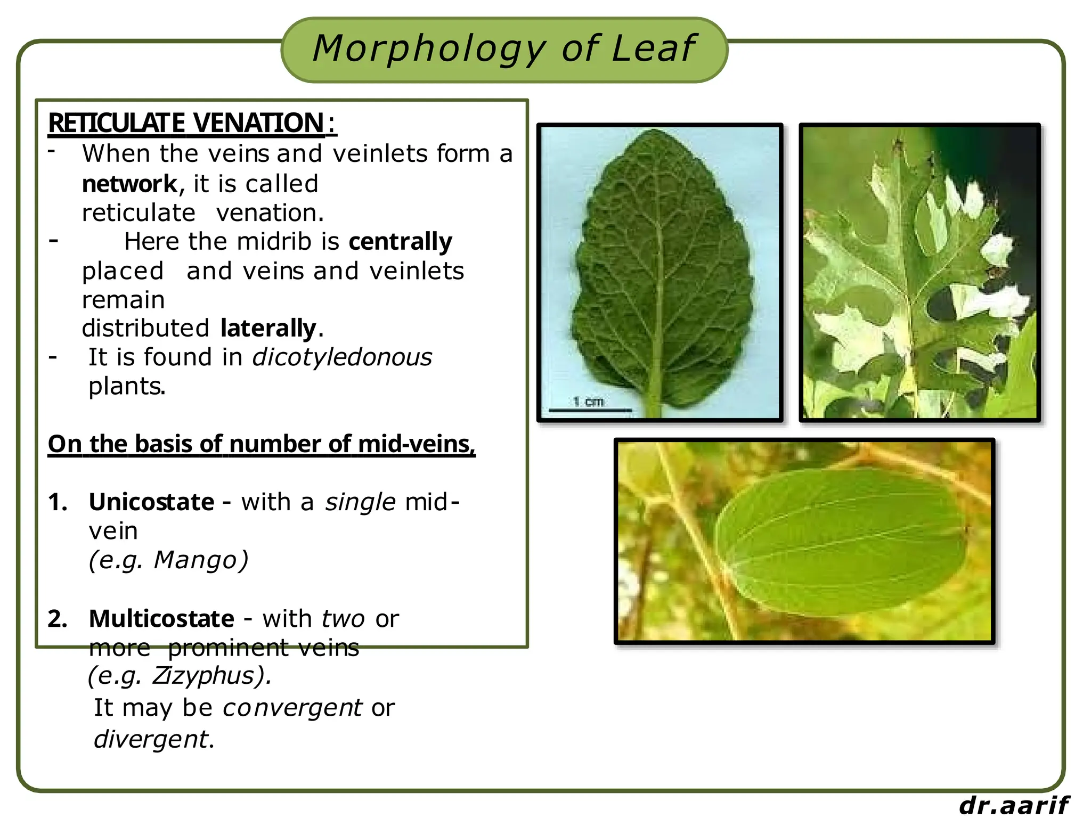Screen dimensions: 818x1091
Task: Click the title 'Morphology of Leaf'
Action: (x=503, y=49)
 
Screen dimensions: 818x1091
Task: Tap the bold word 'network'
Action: (x=129, y=184)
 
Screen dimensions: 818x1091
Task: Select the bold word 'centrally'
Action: (x=400, y=242)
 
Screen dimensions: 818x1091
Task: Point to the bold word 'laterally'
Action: (x=268, y=329)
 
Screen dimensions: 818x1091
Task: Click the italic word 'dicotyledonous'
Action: (x=342, y=357)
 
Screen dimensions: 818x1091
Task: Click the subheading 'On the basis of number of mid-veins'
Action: (x=261, y=444)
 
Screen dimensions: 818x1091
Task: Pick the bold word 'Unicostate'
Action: (x=151, y=502)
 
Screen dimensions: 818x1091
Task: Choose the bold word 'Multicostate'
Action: (x=161, y=619)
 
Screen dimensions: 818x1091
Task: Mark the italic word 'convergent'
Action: (x=292, y=708)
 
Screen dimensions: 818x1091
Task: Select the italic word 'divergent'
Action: (x=151, y=739)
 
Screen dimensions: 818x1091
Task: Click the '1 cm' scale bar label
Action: (x=588, y=402)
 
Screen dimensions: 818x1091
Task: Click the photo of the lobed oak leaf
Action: (x=919, y=273)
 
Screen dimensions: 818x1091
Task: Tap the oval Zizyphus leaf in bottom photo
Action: (x=841, y=541)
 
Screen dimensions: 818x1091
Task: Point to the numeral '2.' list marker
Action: (x=58, y=619)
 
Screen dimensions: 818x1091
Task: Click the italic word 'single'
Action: (x=360, y=502)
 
